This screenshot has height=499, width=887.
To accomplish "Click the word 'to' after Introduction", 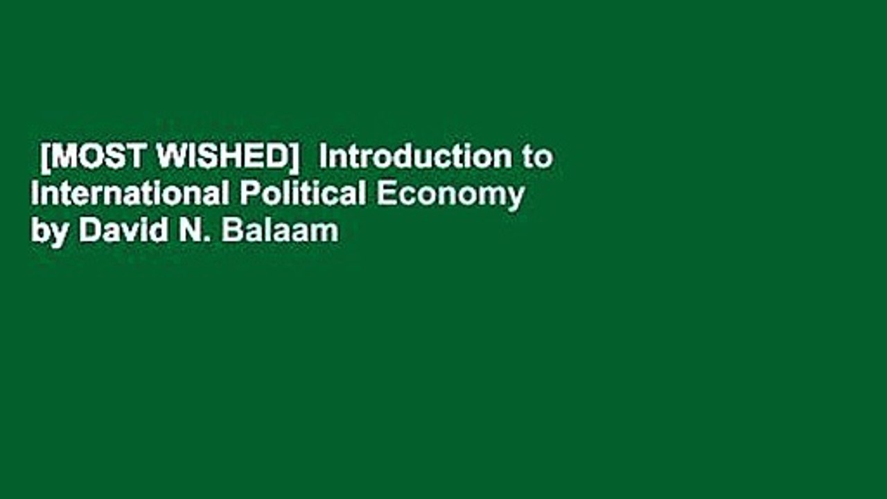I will tap(538, 158).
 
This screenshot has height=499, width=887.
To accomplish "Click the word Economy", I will tap(450, 196).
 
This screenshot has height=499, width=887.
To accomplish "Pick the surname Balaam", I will tap(280, 231).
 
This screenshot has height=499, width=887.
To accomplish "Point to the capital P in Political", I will tap(248, 195).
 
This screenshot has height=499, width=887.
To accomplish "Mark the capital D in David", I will tap(88, 231).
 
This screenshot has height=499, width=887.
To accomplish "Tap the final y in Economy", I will tap(516, 198).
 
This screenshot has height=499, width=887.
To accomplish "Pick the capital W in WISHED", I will tap(170, 158).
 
